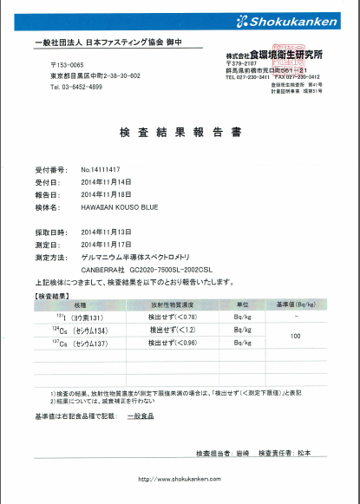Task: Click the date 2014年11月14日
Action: pyautogui.click(x=105, y=182)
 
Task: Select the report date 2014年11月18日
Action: pyautogui.click(x=105, y=195)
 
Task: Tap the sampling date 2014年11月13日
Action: pyautogui.click(x=105, y=233)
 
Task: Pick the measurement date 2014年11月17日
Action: pyautogui.click(x=105, y=245)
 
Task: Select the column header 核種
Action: pyautogui.click(x=82, y=305)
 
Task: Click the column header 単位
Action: pyautogui.click(x=245, y=305)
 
